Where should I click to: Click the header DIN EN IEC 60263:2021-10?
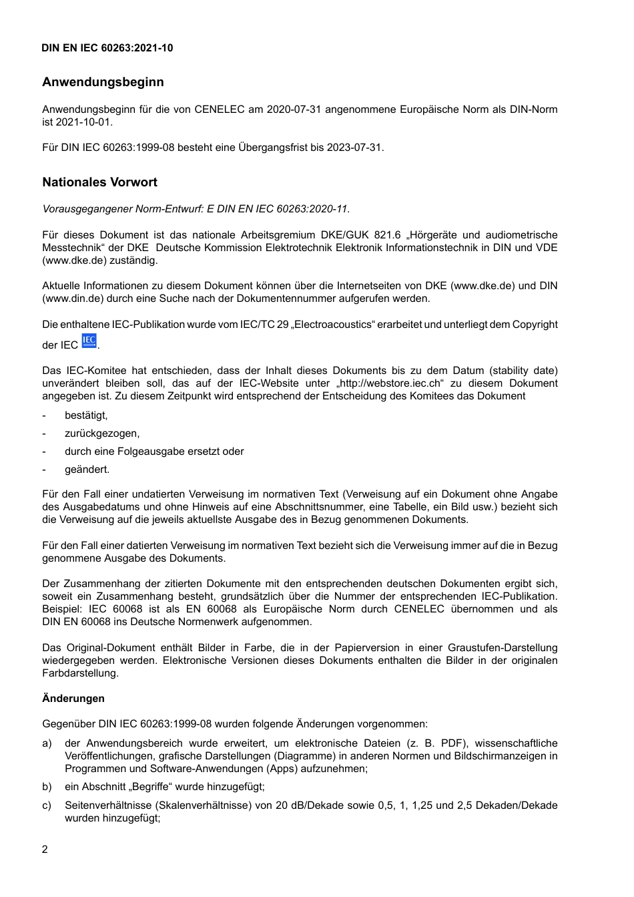[107, 48]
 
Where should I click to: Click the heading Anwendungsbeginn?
[103, 82]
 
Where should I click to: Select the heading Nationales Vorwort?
[99, 182]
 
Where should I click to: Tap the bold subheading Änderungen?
[73, 699]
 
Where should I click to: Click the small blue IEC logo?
[89, 341]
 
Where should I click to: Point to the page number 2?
[45, 850]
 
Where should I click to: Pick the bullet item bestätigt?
[86, 415]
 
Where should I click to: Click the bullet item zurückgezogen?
[102, 433]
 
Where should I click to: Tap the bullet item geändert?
[87, 470]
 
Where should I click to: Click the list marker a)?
[47, 743]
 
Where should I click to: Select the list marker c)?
[47, 805]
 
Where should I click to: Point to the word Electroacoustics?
[332, 325]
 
